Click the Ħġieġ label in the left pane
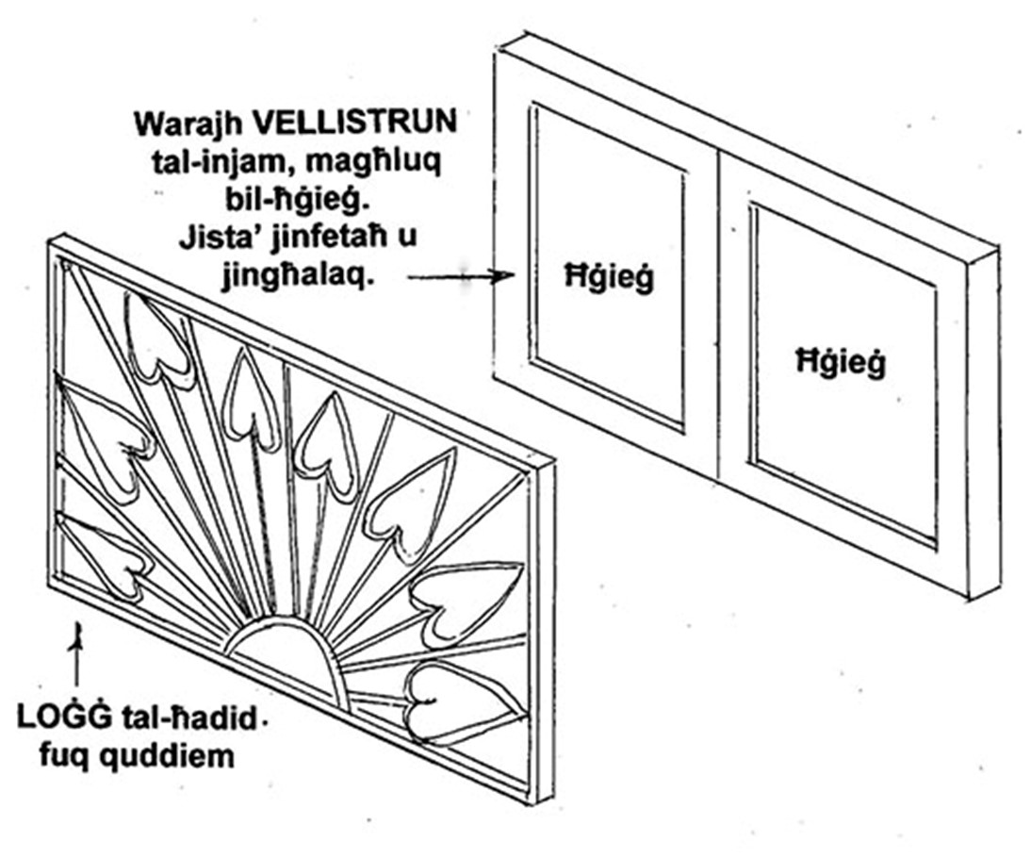(610, 277)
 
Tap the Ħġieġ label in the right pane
(841, 363)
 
